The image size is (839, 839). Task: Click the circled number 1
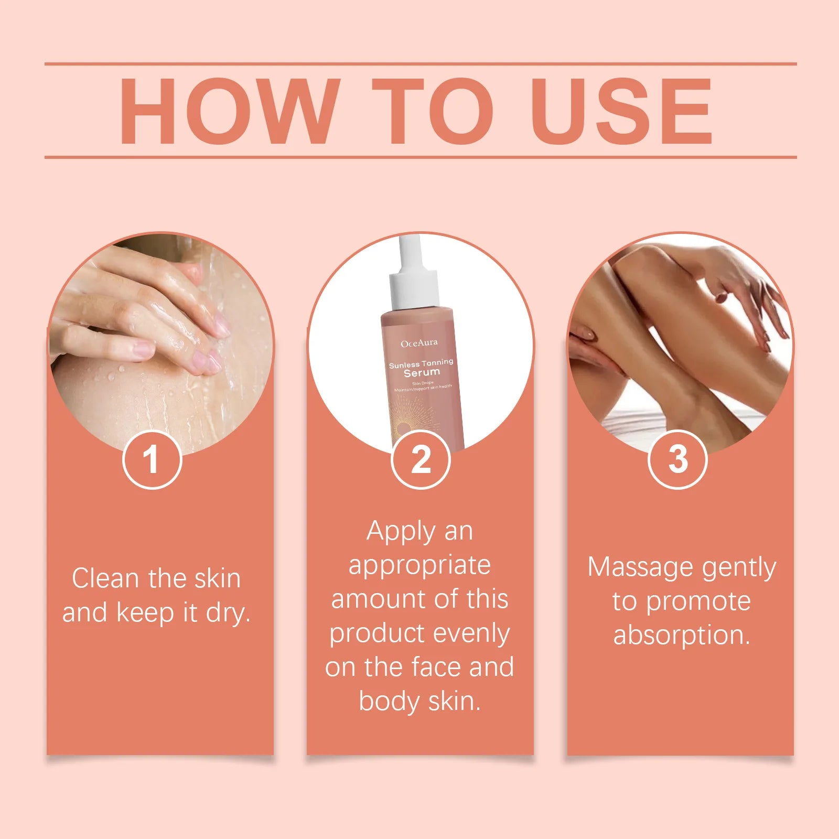pos(152,459)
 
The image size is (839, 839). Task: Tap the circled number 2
pos(421,459)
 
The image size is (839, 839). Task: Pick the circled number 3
pos(678,459)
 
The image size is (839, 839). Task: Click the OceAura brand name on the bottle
pos(419,344)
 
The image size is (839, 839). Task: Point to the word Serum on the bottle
pos(422,373)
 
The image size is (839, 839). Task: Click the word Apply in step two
pos(401,532)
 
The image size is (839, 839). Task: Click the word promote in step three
pos(698,601)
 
